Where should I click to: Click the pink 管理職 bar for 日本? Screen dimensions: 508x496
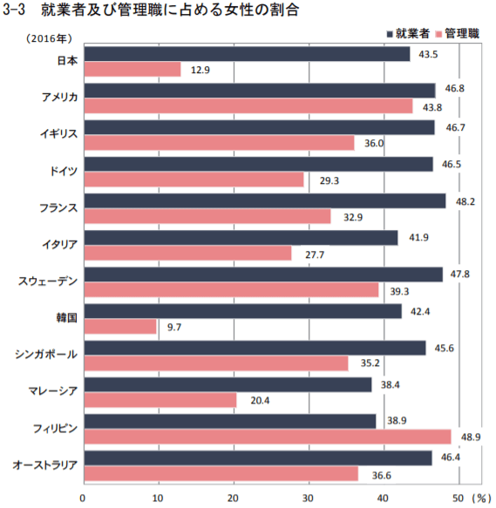132,69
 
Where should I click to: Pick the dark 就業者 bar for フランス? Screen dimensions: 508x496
264,200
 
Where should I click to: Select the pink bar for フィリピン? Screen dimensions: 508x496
267,436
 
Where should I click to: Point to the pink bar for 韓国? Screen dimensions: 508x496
119,326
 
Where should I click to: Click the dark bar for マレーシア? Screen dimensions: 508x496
227,384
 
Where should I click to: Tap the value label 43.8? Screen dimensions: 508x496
429,106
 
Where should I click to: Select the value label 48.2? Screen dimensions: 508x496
462,200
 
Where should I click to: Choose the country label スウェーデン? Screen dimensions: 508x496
49,281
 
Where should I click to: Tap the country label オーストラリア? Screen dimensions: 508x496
45,464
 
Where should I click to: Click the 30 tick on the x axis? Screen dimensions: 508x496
308,497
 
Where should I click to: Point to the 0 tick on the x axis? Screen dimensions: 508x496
83,497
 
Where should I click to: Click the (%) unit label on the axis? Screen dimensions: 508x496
482,497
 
